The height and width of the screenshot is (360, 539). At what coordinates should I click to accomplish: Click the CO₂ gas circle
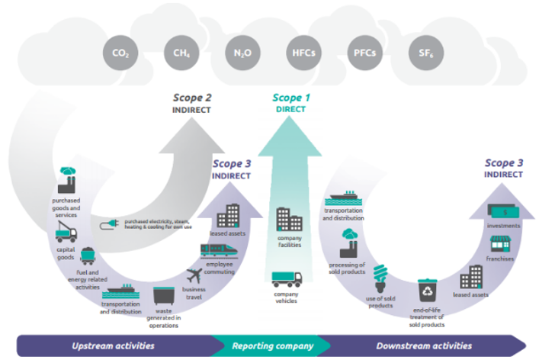(x=120, y=53)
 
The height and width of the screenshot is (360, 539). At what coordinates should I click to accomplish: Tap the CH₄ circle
(x=181, y=53)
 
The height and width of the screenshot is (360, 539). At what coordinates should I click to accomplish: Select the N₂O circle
(x=242, y=53)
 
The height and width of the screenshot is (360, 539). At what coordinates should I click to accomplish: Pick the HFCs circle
(x=304, y=53)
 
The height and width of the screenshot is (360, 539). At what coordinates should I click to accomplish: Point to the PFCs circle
(x=364, y=53)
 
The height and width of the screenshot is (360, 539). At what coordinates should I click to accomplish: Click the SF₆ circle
(x=426, y=53)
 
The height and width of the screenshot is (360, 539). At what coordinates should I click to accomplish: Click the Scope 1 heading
(x=291, y=98)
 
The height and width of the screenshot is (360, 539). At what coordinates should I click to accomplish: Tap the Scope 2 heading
(x=192, y=98)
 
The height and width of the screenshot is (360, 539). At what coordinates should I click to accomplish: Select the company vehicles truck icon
(x=287, y=279)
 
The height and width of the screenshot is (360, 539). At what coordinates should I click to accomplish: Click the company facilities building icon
(x=289, y=220)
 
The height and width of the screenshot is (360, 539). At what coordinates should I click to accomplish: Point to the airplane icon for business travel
(x=194, y=276)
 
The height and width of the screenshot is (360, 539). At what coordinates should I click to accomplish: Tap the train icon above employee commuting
(x=219, y=250)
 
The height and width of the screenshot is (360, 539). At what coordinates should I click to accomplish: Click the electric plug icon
(x=109, y=224)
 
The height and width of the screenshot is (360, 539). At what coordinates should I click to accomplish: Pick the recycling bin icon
(x=427, y=291)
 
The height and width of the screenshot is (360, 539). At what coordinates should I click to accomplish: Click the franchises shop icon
(x=500, y=244)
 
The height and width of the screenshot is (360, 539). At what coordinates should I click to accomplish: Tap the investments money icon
(x=503, y=211)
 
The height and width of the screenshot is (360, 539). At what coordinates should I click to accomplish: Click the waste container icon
(x=164, y=296)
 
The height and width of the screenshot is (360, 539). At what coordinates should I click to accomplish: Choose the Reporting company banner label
(x=273, y=346)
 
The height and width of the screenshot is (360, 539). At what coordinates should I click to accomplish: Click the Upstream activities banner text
(x=113, y=346)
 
